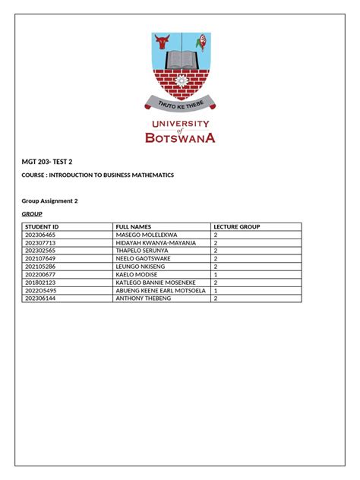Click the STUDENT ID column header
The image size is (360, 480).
[x=42, y=226]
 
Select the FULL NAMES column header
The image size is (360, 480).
[x=134, y=226]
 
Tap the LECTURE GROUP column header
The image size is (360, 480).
[x=237, y=226]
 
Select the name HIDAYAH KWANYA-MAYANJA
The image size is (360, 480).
[x=156, y=243]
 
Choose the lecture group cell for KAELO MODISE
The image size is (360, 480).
[x=216, y=275]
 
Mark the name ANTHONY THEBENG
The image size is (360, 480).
[x=143, y=298]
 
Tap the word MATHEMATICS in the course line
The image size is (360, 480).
[x=148, y=175]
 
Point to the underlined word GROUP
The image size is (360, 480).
[x=33, y=215]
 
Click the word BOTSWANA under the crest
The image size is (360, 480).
[x=180, y=138]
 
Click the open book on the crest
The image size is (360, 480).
[x=180, y=60]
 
